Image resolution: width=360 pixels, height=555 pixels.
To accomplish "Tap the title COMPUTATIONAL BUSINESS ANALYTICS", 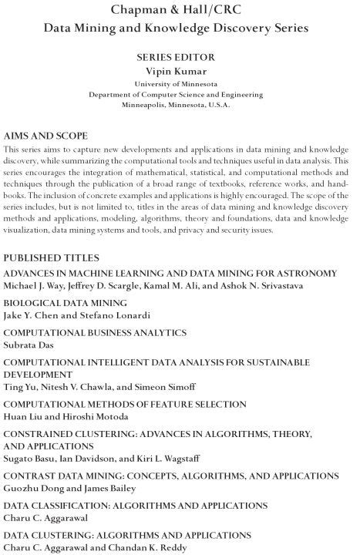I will [95, 332].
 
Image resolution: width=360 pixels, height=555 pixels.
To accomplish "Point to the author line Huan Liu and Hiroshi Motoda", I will [70, 415].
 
